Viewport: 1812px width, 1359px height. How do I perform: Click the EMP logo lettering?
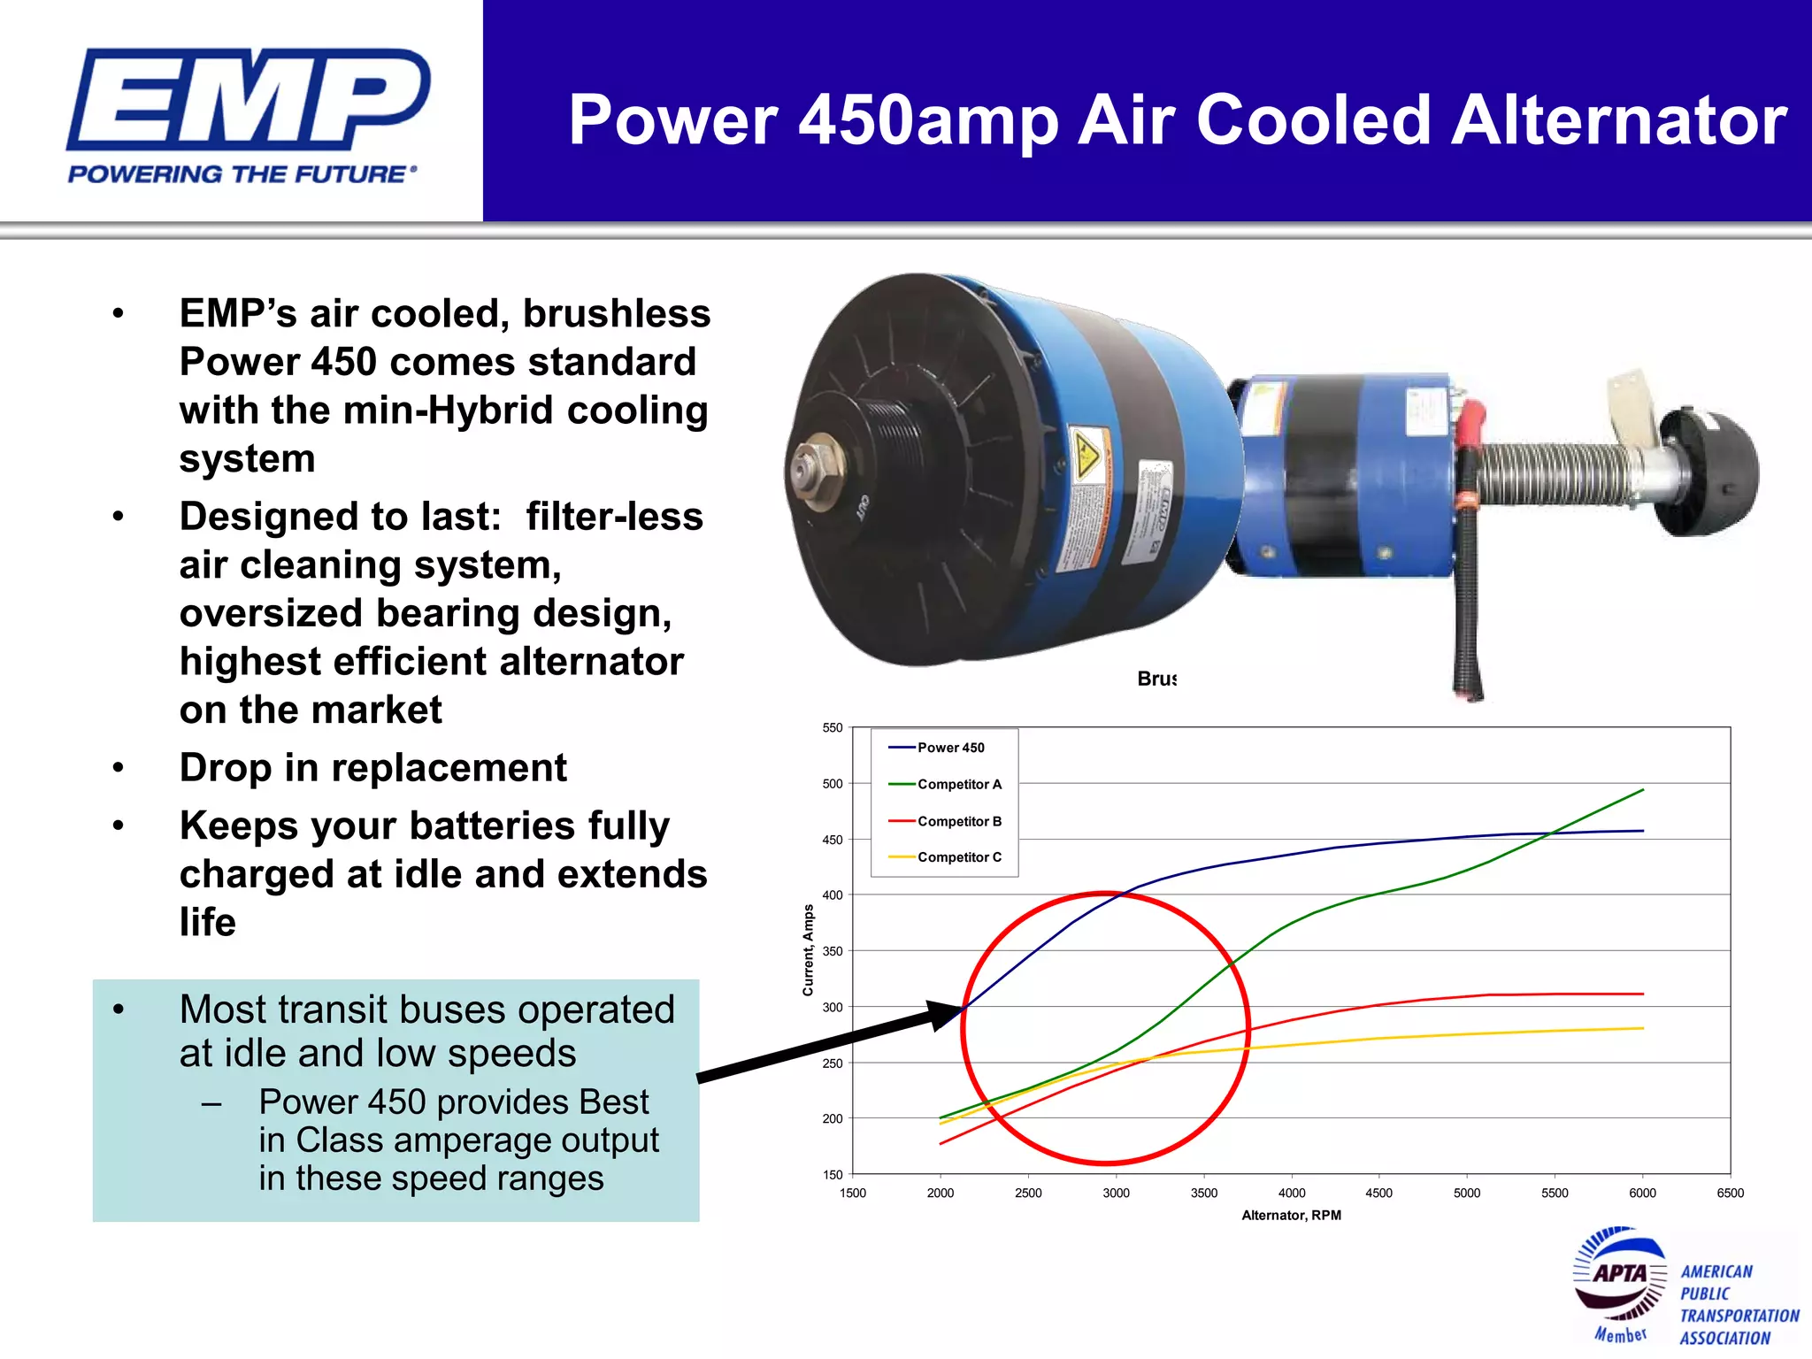(x=248, y=99)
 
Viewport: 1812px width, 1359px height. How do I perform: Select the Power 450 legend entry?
(x=950, y=748)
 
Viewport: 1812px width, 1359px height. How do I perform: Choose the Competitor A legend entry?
(x=959, y=784)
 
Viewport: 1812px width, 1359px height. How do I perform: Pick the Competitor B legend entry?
(x=959, y=821)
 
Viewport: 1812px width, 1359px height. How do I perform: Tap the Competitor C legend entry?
(x=959, y=857)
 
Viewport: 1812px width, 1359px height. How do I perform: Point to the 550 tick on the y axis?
(x=833, y=728)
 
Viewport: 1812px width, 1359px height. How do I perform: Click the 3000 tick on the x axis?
(x=1116, y=1193)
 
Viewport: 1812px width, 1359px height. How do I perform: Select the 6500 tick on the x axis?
(x=1730, y=1193)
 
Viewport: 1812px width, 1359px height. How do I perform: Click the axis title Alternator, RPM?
(x=1291, y=1216)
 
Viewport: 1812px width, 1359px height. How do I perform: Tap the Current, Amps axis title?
(x=808, y=950)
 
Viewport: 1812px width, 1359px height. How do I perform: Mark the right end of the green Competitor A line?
(x=1642, y=790)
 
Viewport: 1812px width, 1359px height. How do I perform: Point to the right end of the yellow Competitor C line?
(x=1642, y=1028)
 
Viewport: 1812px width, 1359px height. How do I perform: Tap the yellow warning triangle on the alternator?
(x=1087, y=455)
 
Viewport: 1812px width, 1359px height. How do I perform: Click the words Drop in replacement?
(x=372, y=768)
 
